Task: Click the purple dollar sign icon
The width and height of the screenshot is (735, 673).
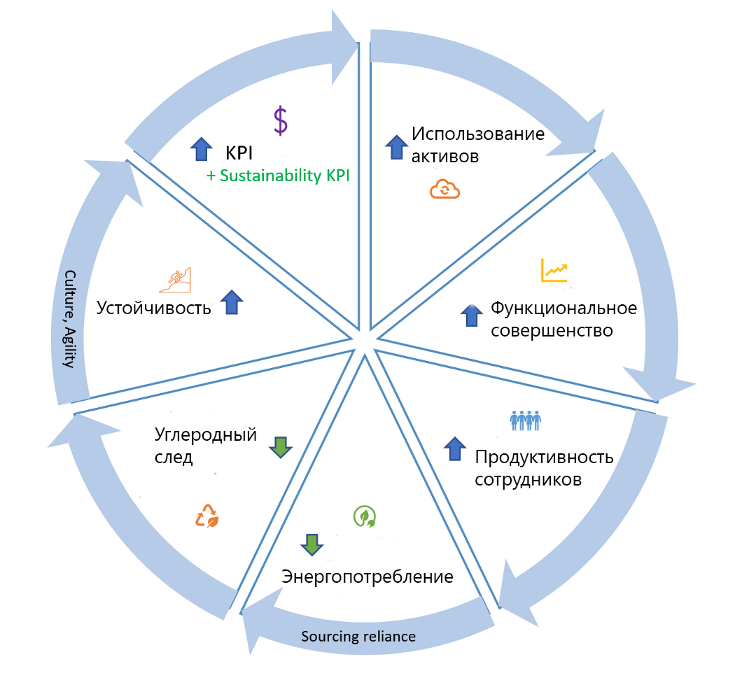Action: coord(280,120)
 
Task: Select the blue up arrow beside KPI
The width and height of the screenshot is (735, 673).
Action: coord(201,148)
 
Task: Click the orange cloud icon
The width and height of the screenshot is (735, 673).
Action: coord(445,189)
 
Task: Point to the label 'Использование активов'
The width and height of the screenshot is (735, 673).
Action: coord(477,144)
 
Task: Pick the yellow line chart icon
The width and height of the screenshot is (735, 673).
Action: coord(554,270)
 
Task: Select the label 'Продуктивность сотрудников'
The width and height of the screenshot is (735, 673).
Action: coord(543,468)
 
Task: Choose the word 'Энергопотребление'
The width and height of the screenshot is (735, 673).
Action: coord(367,577)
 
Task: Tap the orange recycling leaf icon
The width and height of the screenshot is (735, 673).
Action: coord(207,516)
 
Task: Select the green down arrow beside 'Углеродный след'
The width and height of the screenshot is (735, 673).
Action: coord(279,446)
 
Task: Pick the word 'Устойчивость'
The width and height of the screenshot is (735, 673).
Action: coord(153,308)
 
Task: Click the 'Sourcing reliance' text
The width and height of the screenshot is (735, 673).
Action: coord(358,637)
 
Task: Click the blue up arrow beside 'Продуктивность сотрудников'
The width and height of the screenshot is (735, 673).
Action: coord(455,448)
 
